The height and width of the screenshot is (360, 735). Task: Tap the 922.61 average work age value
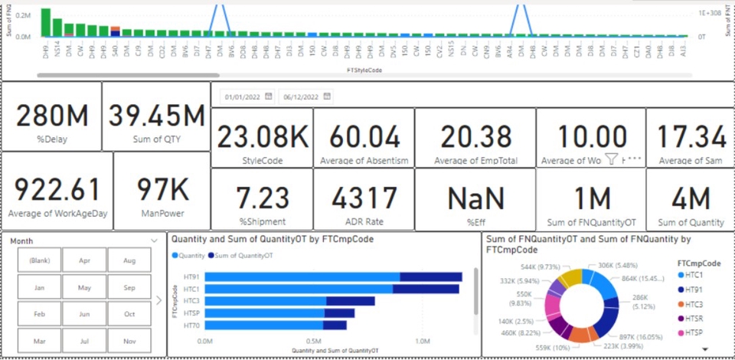click(x=57, y=190)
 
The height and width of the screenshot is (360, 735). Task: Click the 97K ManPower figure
click(x=162, y=190)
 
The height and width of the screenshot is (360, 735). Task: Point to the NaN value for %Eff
click(x=475, y=199)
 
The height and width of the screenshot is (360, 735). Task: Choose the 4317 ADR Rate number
click(x=363, y=199)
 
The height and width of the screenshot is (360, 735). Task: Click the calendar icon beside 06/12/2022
click(x=328, y=97)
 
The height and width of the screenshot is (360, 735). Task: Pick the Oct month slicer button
click(x=129, y=314)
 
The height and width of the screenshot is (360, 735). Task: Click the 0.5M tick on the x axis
click(x=314, y=342)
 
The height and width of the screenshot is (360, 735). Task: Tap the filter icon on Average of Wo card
click(x=611, y=159)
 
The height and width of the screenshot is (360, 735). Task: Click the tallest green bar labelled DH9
click(x=46, y=22)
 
